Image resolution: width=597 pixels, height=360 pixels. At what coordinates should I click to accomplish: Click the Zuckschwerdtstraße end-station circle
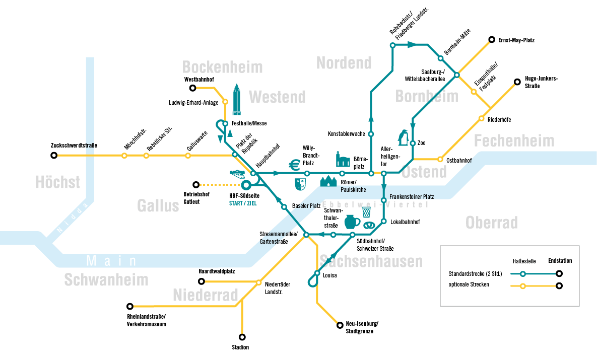[54, 155]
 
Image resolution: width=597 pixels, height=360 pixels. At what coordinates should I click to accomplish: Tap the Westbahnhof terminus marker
[193, 88]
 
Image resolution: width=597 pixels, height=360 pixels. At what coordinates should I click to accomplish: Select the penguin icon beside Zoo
[403, 137]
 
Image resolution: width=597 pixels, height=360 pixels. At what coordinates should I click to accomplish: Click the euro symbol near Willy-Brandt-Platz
[294, 165]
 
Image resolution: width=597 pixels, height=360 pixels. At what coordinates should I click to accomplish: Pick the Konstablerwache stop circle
[371, 134]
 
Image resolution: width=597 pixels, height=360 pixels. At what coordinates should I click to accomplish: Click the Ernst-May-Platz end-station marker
[492, 40]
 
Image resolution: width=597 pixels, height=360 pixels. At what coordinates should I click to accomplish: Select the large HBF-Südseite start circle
[246, 185]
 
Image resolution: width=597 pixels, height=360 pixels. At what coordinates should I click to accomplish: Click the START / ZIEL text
[243, 203]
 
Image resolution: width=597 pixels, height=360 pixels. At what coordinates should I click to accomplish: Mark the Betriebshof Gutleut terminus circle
[196, 185]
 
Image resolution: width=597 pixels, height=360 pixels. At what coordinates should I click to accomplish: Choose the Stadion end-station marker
[242, 337]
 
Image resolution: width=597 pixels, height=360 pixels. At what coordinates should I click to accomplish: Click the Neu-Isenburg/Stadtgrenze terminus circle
[340, 325]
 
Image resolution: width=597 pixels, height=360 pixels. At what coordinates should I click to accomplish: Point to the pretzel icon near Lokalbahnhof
[369, 225]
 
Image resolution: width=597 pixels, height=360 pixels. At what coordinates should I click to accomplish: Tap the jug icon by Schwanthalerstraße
[352, 222]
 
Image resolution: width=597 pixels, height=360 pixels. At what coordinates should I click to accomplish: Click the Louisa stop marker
[317, 273]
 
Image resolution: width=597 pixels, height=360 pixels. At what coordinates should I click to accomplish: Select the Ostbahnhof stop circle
[440, 160]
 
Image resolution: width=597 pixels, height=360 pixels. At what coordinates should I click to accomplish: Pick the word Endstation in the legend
[560, 261]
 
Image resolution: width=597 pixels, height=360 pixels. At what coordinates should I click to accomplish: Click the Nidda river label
[72, 218]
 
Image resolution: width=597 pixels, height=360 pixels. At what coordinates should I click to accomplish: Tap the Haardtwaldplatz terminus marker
[202, 281]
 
